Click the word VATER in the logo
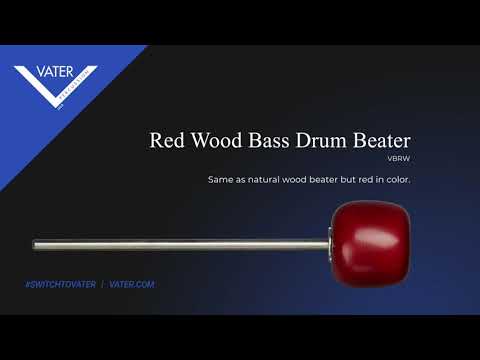tap(55, 72)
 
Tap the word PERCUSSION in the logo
tap(74, 85)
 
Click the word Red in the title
tap(167, 140)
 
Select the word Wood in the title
tap(217, 140)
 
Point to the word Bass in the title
tap(269, 140)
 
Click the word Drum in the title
tap(321, 140)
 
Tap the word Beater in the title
tap(382, 140)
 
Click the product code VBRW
tap(399, 159)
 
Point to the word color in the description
tap(398, 180)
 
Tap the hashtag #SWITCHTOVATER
tap(60, 284)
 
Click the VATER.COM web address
tap(132, 284)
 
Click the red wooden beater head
tap(371, 244)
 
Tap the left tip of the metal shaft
tap(33, 246)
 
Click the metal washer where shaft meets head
tap(330, 245)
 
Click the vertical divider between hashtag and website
tap(102, 284)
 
